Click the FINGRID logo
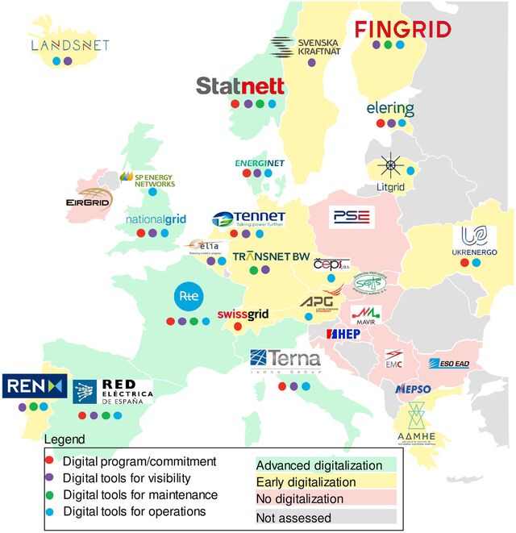click(403, 30)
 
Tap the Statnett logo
click(241, 85)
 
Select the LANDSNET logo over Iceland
click(69, 45)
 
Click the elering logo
click(390, 108)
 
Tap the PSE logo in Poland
click(350, 217)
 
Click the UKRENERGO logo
click(474, 241)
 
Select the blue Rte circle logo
click(188, 296)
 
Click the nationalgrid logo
click(156, 219)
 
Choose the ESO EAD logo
click(449, 364)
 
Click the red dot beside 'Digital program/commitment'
click(50, 462)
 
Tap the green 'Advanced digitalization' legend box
click(318, 465)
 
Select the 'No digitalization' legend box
click(318, 499)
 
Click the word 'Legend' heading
click(63, 440)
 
